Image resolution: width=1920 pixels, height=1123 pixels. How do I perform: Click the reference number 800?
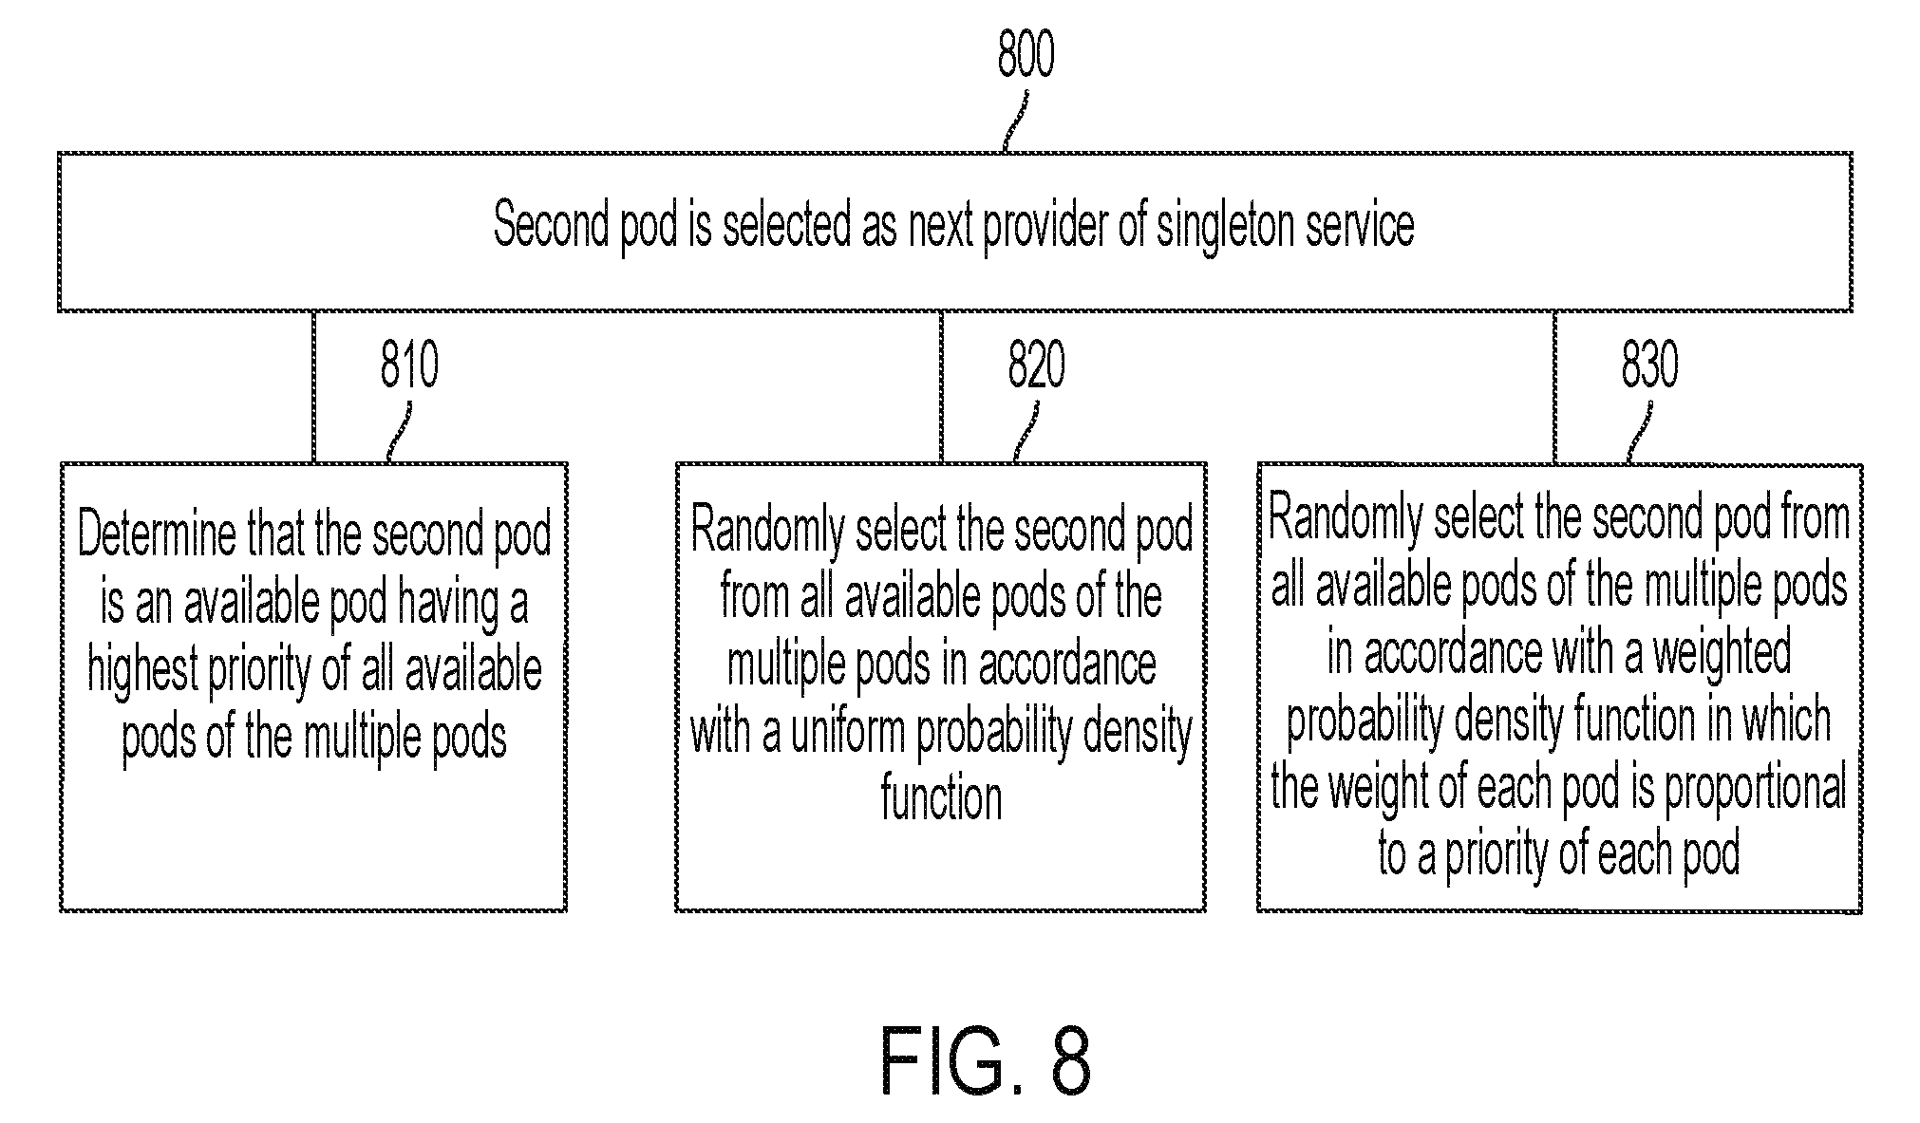pos(1026,55)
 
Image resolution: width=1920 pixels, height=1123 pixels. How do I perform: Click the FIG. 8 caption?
pos(986,1060)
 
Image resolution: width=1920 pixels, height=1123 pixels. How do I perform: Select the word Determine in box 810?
pos(157,534)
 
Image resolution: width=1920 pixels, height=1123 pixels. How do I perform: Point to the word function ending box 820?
pos(941,798)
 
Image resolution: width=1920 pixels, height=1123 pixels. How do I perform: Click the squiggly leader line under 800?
pos(1015,122)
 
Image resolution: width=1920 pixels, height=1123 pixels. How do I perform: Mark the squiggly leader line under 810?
pos(400,432)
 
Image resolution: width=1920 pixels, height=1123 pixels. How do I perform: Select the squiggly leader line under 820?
pos(1026,432)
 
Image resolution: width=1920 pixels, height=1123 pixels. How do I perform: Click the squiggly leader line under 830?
pos(1640,432)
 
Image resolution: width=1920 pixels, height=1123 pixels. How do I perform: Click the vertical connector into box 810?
pos(313,386)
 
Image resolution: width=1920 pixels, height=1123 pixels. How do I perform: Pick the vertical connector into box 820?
pos(942,386)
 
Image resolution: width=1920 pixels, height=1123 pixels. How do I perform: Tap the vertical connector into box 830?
pos(1554,386)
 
